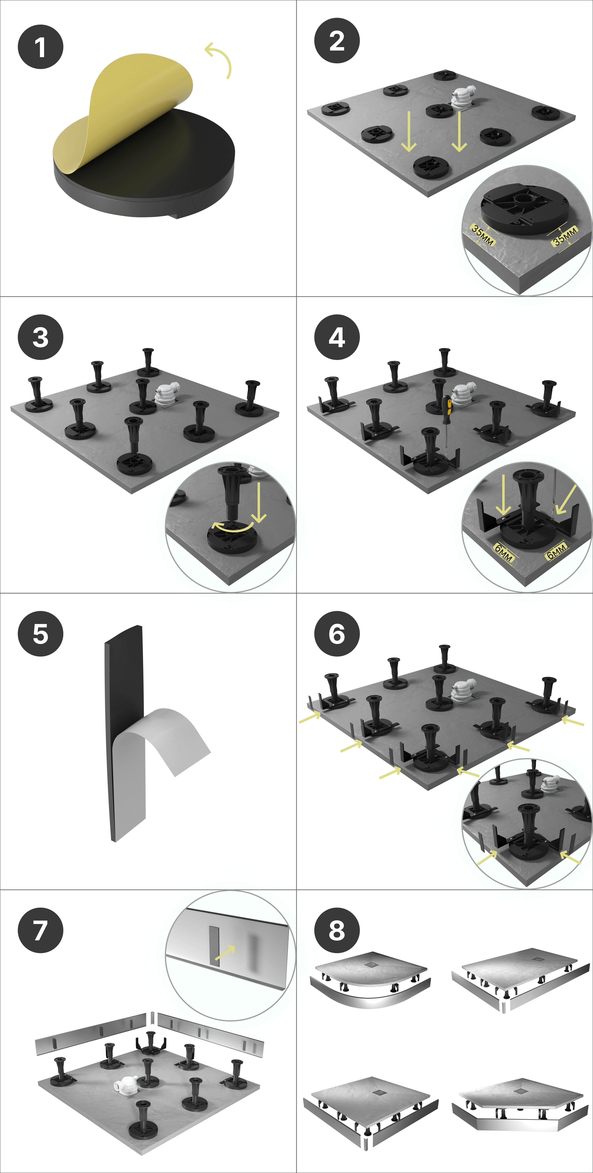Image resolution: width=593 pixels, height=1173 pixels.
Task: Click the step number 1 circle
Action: click(x=41, y=47)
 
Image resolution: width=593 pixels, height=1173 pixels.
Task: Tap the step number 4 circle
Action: click(x=337, y=337)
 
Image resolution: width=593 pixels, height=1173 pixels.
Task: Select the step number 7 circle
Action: click(x=41, y=930)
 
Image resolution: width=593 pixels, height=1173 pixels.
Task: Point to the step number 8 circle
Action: click(x=337, y=930)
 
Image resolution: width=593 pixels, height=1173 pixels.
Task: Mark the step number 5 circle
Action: click(x=41, y=634)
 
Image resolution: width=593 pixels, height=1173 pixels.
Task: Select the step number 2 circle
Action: click(x=337, y=41)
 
